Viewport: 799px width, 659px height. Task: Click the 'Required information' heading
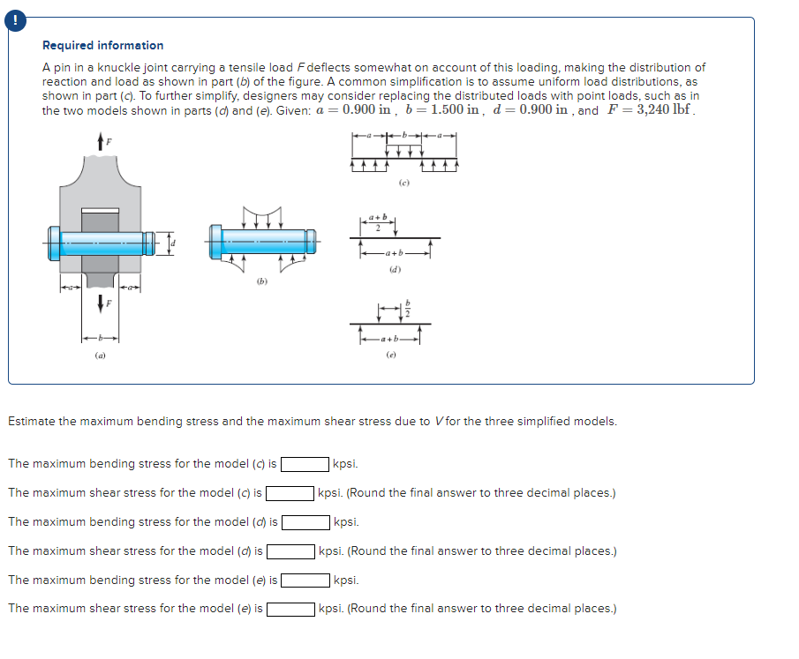102,45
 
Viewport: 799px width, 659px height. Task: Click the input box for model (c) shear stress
290,493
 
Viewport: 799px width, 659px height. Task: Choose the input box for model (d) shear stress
290,551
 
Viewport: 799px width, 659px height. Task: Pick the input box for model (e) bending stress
305,580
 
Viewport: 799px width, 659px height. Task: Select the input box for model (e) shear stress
290,609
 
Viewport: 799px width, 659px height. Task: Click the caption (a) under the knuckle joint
99,356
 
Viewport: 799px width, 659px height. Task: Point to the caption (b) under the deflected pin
260,283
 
